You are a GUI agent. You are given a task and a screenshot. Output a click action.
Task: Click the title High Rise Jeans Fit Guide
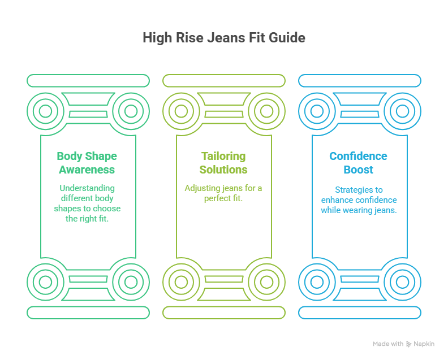click(223, 38)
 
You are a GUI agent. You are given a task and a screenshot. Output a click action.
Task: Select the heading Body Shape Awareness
click(87, 163)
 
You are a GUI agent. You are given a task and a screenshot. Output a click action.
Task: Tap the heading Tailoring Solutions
click(224, 163)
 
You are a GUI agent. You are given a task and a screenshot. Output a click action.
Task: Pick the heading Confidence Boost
click(358, 163)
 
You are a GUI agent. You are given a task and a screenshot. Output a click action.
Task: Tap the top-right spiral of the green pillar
click(130, 111)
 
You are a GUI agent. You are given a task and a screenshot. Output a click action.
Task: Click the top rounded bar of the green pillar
click(88, 81)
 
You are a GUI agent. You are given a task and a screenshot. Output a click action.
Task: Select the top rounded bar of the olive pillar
click(224, 81)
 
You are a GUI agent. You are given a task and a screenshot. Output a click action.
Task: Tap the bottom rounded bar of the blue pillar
click(360, 313)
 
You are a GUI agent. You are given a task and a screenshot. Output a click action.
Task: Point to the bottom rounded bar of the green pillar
click(88, 313)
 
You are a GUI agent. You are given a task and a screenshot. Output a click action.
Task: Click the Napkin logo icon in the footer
click(409, 344)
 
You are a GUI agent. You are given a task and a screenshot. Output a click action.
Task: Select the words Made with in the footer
click(388, 344)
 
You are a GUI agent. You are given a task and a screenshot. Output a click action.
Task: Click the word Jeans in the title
click(227, 38)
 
